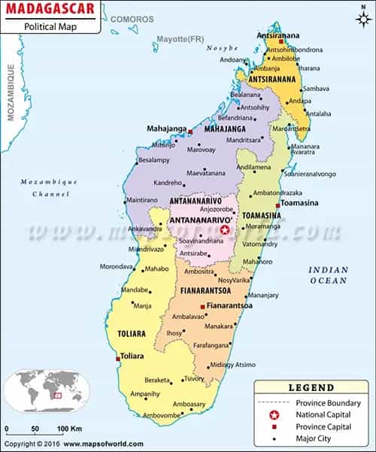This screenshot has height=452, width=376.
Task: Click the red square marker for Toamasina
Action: click(x=278, y=205)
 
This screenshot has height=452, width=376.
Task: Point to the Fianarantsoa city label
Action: click(x=232, y=306)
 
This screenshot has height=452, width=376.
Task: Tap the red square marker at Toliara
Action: click(x=118, y=358)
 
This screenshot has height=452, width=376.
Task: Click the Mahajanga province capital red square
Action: click(x=190, y=132)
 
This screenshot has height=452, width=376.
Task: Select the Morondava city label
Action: click(x=117, y=266)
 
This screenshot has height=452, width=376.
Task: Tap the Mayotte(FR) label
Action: click(x=180, y=38)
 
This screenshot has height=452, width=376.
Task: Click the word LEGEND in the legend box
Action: click(x=311, y=388)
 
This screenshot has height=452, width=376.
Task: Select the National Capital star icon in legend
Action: click(x=274, y=414)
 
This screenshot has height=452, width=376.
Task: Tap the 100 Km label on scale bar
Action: click(x=72, y=429)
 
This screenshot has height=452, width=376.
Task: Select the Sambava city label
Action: click(x=316, y=88)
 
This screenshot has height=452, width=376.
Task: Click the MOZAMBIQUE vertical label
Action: click(x=11, y=93)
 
